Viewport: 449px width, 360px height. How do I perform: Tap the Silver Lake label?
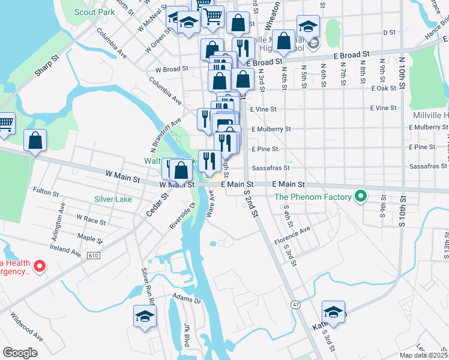tap(113, 199)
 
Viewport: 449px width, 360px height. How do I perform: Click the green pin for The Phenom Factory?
tap(360, 196)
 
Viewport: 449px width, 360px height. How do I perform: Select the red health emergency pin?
tap(40, 265)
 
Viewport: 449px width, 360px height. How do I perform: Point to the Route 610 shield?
tap(92, 256)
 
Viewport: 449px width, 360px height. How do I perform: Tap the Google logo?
tap(20, 353)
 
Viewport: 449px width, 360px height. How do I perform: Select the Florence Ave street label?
tap(292, 236)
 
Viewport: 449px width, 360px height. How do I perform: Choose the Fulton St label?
tap(46, 191)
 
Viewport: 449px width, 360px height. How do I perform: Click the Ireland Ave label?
tap(65, 250)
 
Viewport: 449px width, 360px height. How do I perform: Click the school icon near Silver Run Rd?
tap(145, 316)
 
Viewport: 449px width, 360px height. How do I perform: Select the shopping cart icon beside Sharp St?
tap(6, 122)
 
